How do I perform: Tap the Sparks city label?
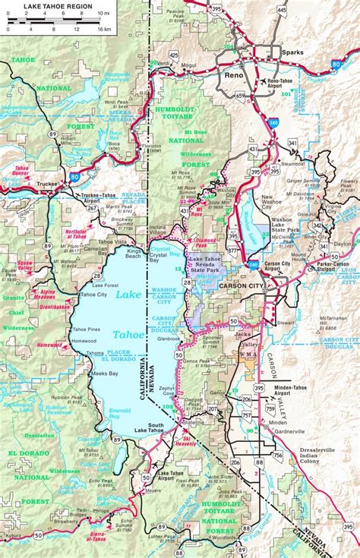tap(292, 52)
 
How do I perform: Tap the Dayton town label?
tap(343, 244)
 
